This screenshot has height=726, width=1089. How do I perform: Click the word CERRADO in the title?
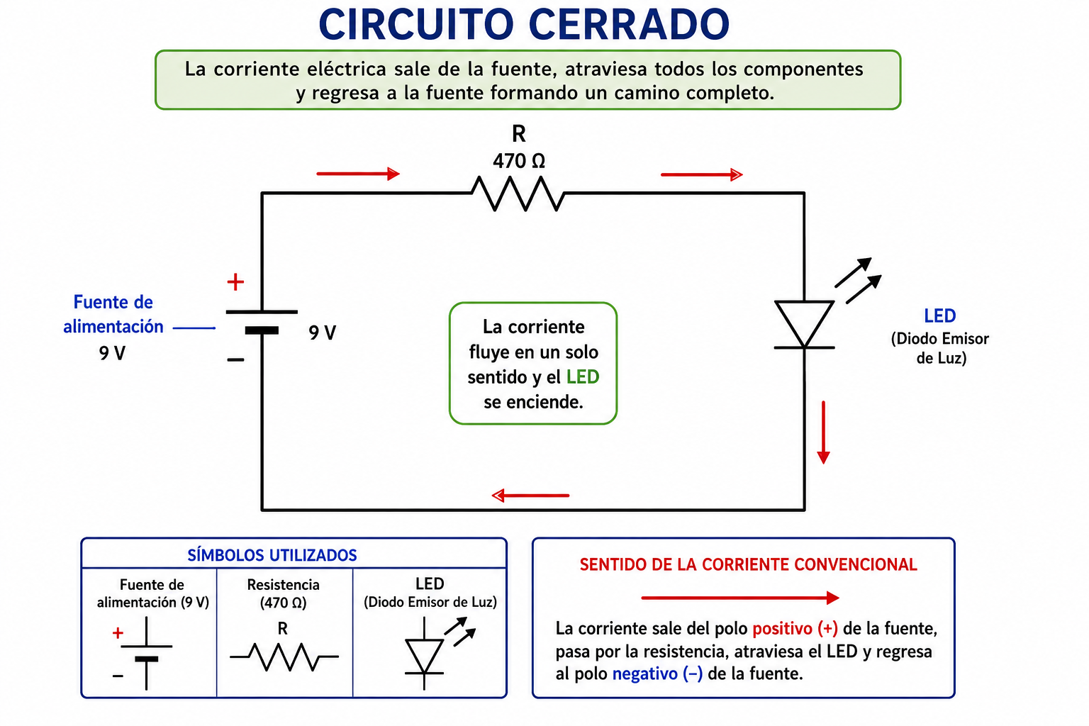point(629,24)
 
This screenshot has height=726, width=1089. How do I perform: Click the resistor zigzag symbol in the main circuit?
point(518,194)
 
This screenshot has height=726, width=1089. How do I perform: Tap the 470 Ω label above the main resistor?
point(519,161)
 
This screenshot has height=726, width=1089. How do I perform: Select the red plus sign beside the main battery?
point(235,282)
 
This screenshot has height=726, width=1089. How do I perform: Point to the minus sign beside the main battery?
point(235,360)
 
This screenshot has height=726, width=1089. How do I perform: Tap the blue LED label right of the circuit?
point(939,316)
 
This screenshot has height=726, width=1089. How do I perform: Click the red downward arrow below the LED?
point(823,432)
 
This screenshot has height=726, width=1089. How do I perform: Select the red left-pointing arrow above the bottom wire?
point(530,496)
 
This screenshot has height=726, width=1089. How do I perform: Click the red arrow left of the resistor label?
point(358,174)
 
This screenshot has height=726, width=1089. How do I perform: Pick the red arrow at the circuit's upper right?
point(701,174)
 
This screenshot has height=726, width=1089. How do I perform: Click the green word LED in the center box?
point(582,377)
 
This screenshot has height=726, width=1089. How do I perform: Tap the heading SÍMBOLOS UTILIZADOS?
point(272,555)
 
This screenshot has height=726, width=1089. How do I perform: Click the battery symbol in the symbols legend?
point(146,654)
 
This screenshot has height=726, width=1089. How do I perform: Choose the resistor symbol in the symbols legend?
point(284,657)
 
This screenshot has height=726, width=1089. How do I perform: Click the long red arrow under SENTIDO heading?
point(740,598)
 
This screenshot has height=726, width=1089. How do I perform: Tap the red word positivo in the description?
point(782,629)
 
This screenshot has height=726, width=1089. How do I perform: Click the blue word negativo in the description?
point(644,674)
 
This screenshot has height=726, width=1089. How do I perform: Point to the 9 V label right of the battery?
point(323,333)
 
